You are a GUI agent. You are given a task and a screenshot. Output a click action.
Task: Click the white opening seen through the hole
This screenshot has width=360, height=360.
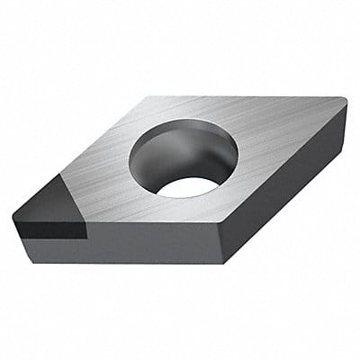[x=188, y=186]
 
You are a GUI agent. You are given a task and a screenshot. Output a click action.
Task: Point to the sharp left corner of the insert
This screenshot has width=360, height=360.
[x=13, y=214]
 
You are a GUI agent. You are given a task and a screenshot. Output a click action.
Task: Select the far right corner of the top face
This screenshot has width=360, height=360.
[x=346, y=101]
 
